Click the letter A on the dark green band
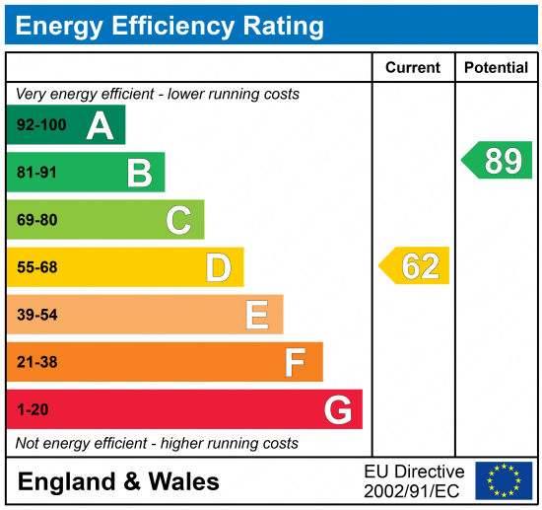coord(100,125)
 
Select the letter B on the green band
coord(139,173)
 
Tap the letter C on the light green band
coord(178,220)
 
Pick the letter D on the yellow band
coord(218,267)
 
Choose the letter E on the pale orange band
coord(256,315)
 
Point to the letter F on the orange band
coord(295,362)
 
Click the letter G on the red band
coord(338,409)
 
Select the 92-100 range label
coord(38,126)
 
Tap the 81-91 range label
coord(36,174)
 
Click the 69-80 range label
coord(36,221)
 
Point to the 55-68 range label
coord(36,268)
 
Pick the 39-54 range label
coord(36,316)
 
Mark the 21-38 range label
coord(36,363)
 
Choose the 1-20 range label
coord(32,410)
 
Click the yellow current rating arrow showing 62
coord(415,266)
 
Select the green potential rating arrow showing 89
coord(498,160)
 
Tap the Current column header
coord(413,68)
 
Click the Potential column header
coord(498,68)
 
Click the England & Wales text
coord(118,482)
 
